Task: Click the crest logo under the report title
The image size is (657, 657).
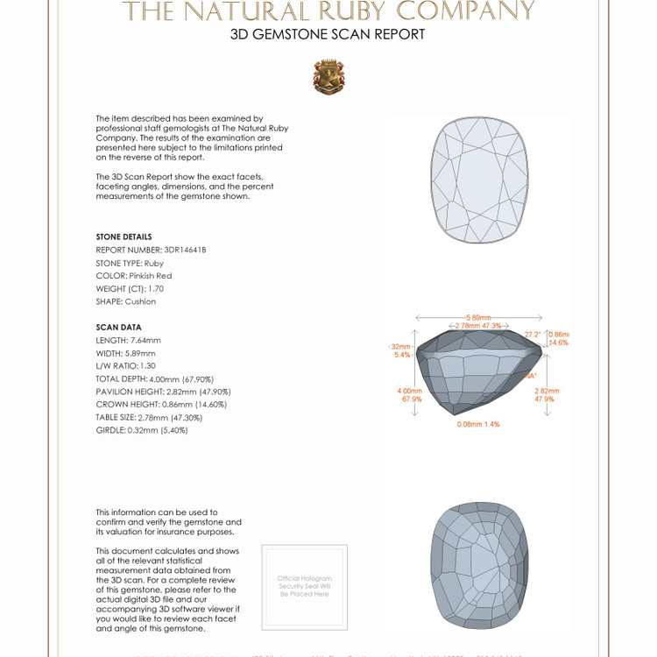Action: click(x=328, y=77)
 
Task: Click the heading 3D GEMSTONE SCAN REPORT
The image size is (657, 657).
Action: click(x=328, y=35)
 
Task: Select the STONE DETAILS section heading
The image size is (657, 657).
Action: click(x=124, y=237)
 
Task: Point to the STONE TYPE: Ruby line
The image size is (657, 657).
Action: click(x=130, y=263)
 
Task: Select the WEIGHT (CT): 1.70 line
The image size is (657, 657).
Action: click(x=130, y=288)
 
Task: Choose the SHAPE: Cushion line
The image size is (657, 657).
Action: click(x=126, y=301)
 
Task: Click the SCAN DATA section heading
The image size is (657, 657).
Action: click(x=118, y=327)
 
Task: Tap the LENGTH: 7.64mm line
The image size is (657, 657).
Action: click(x=129, y=340)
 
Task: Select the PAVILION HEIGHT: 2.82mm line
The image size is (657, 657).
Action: click(x=163, y=392)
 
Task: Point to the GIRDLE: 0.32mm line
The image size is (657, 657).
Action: click(x=142, y=430)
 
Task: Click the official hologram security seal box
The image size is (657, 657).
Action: click(x=305, y=587)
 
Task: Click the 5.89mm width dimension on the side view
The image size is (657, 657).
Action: click(x=478, y=317)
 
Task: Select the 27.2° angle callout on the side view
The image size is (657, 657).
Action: click(x=533, y=335)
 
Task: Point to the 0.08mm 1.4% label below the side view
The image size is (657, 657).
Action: click(x=478, y=424)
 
